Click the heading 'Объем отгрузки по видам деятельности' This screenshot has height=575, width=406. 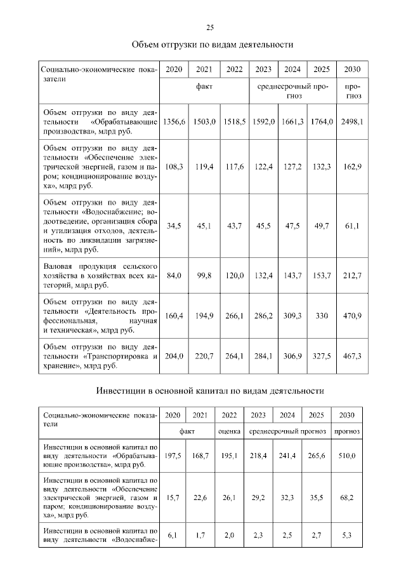[212, 45]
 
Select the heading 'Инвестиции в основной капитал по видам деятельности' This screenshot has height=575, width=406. [211, 389]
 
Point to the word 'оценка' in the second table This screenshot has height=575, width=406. [229, 431]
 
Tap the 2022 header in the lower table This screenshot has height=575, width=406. [229, 415]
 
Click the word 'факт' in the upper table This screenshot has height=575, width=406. [205, 85]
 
